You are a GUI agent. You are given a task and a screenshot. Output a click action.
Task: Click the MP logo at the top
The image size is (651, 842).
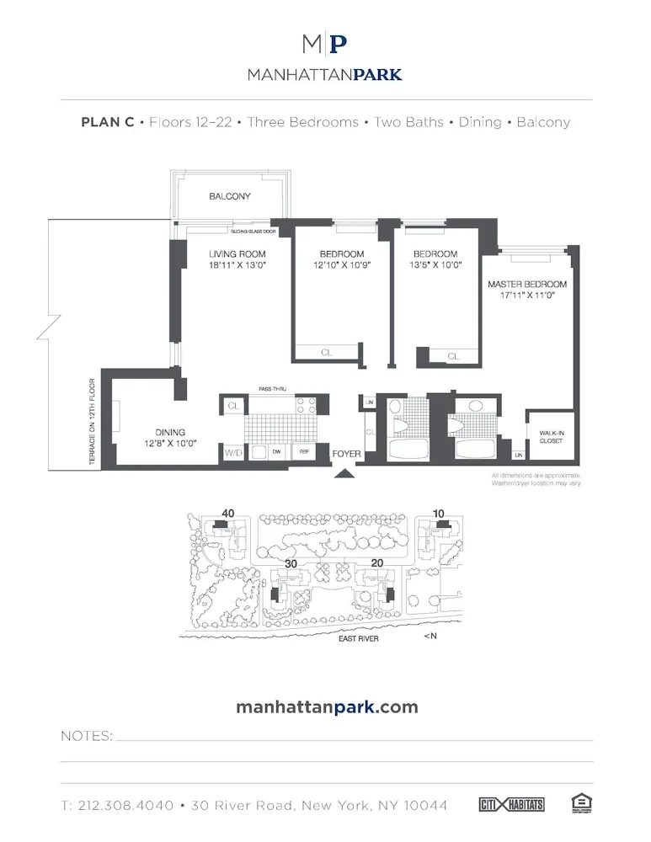(325, 45)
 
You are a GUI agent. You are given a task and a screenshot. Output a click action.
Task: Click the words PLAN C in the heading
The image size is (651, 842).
(107, 122)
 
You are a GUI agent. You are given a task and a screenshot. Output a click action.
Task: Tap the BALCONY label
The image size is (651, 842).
(230, 197)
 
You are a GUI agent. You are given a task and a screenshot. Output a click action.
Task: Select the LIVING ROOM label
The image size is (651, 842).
(237, 254)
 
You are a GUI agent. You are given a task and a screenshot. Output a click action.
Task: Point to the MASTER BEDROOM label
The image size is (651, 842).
(527, 285)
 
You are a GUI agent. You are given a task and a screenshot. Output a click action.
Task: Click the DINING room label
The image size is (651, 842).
(170, 433)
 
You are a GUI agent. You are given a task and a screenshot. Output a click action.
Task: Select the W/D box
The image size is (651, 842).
(232, 453)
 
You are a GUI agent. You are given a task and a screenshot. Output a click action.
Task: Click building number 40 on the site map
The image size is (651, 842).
(227, 513)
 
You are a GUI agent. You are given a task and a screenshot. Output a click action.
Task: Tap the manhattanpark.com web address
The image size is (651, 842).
(327, 706)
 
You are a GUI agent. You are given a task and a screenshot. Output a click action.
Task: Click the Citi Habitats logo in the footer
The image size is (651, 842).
(511, 804)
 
